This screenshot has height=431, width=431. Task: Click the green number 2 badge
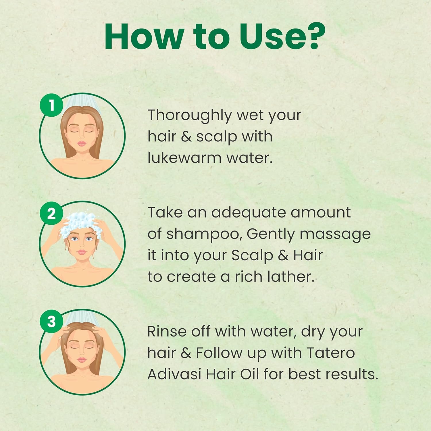coord(51,213)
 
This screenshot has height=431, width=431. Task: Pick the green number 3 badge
coord(51,322)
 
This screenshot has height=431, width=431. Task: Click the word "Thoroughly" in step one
coord(190,116)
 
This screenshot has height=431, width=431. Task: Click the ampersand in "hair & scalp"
coord(186,137)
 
